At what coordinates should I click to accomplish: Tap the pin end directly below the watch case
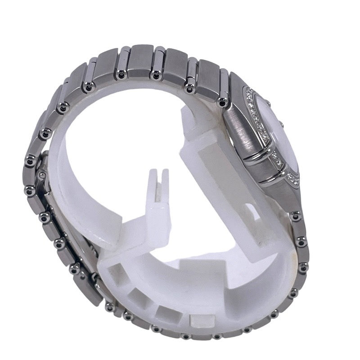295,216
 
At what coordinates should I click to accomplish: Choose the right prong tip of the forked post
165,171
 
